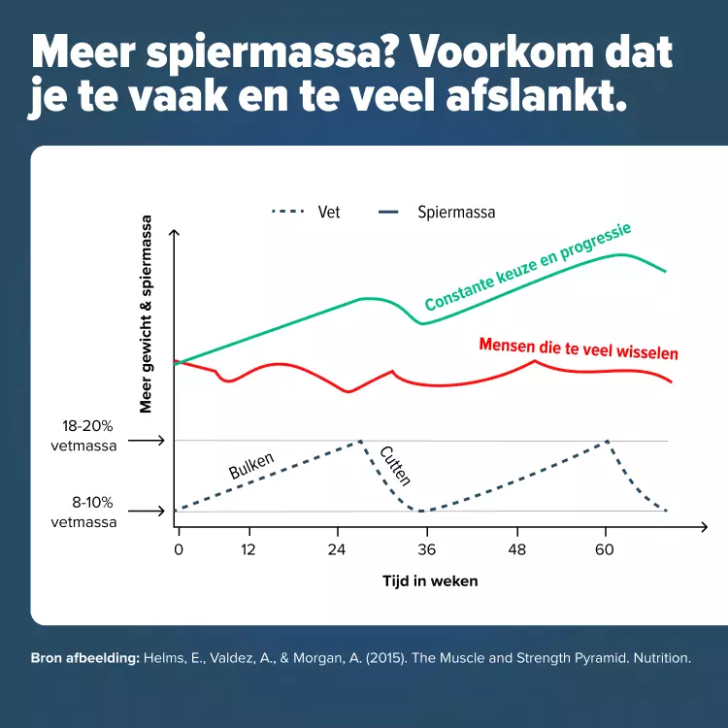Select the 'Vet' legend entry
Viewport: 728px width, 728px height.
(328, 212)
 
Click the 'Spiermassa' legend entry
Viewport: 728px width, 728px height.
(456, 212)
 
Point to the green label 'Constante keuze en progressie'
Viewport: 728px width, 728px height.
(528, 268)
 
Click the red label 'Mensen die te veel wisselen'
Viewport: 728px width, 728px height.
(579, 348)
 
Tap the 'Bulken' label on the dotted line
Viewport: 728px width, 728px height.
(251, 466)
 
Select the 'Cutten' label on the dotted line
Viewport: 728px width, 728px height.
(395, 465)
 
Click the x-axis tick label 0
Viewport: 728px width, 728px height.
(179, 548)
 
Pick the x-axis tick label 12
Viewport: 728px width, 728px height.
(249, 548)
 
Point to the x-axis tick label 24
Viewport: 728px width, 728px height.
(338, 548)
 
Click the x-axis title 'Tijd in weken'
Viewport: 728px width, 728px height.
(429, 581)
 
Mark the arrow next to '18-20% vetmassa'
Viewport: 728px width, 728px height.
(146, 441)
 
